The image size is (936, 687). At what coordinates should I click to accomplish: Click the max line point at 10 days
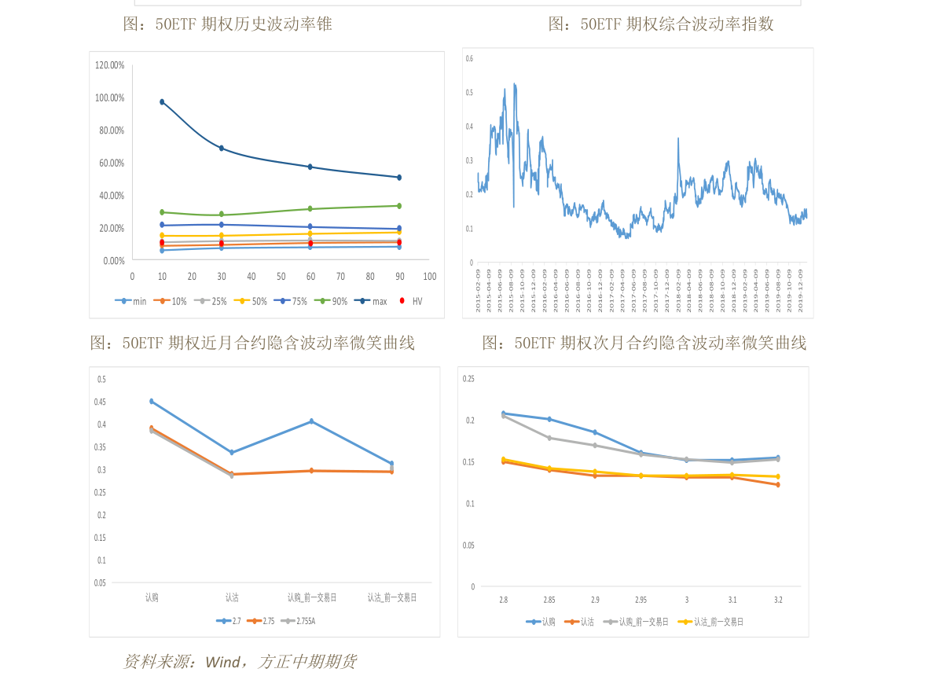162,102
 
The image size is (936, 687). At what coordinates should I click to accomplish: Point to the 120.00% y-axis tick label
110,65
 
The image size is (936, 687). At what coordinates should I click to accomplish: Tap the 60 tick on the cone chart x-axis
310,277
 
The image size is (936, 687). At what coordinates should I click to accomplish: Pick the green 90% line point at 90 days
399,206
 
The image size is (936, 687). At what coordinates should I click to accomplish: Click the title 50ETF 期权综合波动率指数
661,24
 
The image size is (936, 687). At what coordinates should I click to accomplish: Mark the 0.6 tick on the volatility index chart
469,59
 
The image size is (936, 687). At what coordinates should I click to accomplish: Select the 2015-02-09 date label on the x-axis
478,292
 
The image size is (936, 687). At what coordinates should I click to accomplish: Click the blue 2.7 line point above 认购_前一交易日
311,421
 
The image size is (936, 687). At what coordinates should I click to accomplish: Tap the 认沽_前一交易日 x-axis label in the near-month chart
392,597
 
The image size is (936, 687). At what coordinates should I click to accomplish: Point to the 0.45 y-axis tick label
101,402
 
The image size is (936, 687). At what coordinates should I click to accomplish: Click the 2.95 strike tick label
641,600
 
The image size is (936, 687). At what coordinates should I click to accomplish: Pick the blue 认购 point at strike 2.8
503,413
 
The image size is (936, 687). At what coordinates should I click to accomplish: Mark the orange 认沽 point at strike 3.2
778,485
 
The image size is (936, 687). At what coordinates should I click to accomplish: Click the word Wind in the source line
222,662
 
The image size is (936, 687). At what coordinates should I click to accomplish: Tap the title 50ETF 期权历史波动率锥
228,24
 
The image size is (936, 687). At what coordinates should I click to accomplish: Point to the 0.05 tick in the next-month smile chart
468,545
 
